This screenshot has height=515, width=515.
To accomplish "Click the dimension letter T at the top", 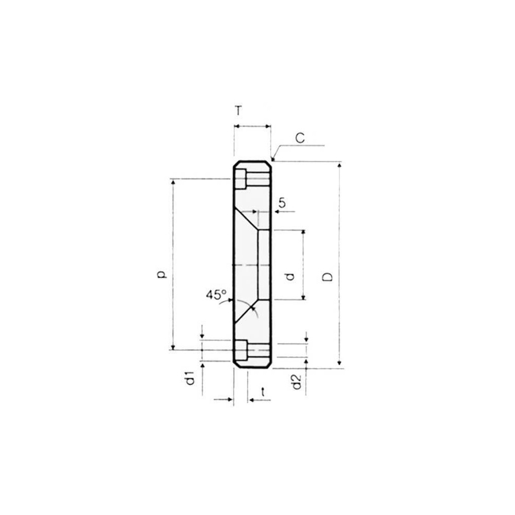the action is click(238, 111).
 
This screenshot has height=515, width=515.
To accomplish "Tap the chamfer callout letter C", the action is click(300, 138).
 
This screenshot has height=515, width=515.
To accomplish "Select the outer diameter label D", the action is click(328, 277).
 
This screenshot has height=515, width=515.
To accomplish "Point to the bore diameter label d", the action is click(290, 277).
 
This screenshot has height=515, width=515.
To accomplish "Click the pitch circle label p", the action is click(161, 274).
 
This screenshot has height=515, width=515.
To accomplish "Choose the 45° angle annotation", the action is click(216, 295).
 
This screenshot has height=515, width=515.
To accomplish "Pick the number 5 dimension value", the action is click(282, 202).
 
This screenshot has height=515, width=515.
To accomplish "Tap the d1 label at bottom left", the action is click(190, 379).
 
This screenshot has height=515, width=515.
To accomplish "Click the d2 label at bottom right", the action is click(297, 382).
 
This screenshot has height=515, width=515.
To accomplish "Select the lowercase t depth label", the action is click(263, 392).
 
